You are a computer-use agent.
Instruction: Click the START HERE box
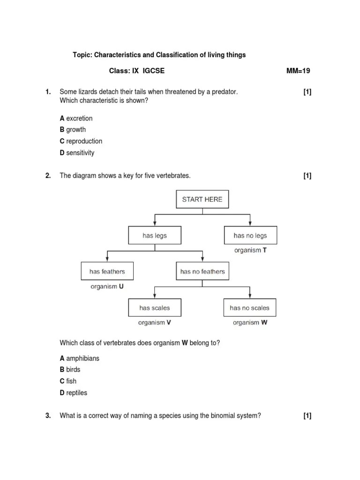(x=202, y=199)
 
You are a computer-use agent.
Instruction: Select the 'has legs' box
(x=155, y=236)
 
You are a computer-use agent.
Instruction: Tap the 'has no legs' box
(x=250, y=236)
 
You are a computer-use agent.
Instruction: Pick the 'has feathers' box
(x=107, y=271)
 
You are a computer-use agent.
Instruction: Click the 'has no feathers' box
(x=202, y=271)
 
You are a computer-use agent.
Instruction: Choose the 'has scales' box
(x=155, y=308)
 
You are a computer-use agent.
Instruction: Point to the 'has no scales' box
(x=250, y=308)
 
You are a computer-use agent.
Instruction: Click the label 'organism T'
(x=250, y=250)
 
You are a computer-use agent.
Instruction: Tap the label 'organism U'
(x=107, y=286)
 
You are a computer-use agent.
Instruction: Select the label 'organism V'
(x=155, y=322)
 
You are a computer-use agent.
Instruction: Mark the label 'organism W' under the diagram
(x=250, y=322)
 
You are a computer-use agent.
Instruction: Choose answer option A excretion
(x=76, y=119)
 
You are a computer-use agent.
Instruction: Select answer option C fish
(x=68, y=381)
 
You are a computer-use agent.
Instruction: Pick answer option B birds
(x=70, y=370)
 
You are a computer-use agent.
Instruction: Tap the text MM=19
(x=298, y=71)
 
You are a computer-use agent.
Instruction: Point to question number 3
(x=48, y=415)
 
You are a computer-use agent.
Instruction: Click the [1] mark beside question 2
(x=307, y=176)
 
